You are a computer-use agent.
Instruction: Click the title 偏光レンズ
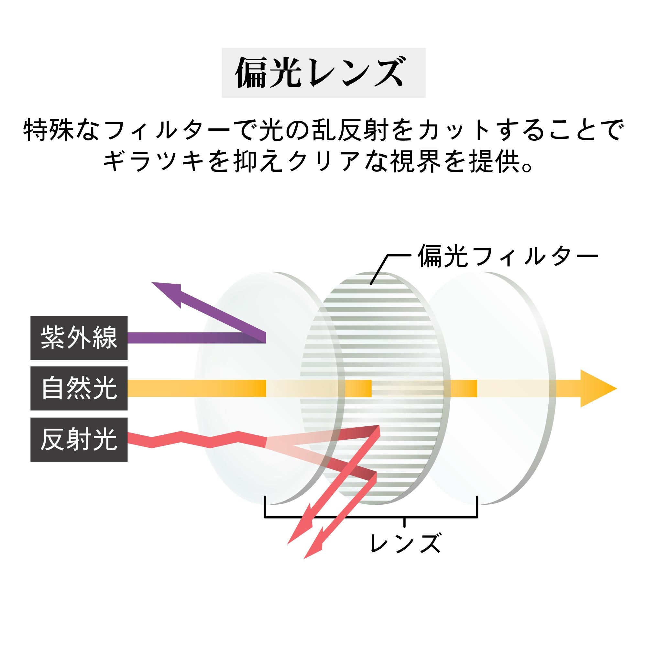[323, 73]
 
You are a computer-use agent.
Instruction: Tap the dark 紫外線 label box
[79, 338]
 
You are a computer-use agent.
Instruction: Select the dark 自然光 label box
[79, 389]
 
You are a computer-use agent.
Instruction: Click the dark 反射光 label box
[79, 439]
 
